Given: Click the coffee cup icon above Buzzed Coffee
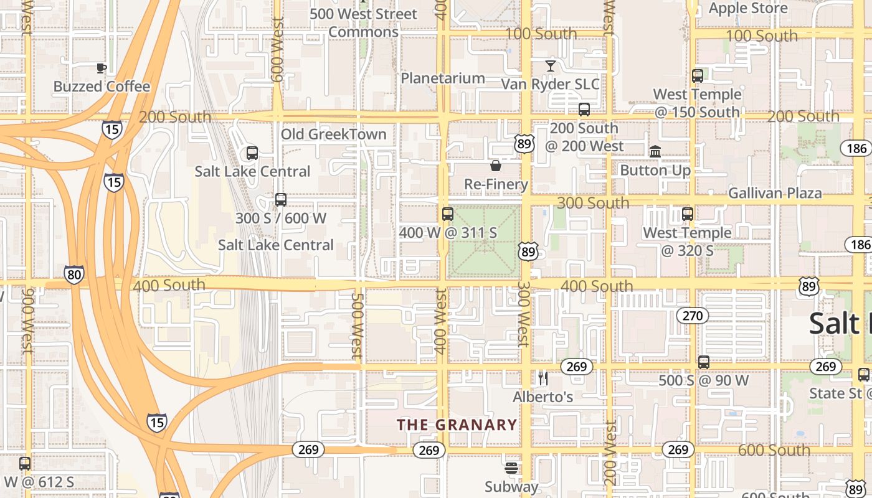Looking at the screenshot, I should [102, 68].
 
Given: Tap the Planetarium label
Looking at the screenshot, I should [442, 78].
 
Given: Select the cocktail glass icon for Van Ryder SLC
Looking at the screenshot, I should [550, 65].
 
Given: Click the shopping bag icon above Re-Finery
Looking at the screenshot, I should [496, 166].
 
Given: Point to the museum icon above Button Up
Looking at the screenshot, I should [655, 151].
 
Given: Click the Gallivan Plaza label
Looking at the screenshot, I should [775, 193].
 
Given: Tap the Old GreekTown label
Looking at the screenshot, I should [333, 134].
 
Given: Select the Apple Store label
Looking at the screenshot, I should [748, 8].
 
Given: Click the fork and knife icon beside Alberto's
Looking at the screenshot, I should [543, 378].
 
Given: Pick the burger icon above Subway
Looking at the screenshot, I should [511, 467].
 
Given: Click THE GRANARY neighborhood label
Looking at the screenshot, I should [457, 425].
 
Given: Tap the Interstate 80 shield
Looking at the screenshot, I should [73, 275].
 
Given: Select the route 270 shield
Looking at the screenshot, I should [692, 316].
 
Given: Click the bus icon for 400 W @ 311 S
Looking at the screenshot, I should [447, 214].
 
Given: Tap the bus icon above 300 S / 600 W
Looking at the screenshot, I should [281, 200].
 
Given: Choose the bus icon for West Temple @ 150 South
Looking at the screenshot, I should [698, 76].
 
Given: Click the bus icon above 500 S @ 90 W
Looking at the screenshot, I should [704, 362].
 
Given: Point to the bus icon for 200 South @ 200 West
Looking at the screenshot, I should [584, 110].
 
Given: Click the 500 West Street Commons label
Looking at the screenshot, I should [363, 22].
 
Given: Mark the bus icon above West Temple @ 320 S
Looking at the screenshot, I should [688, 214].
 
